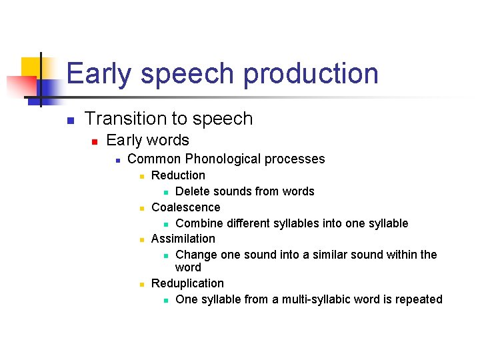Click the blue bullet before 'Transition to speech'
69,121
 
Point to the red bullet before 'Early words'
95,141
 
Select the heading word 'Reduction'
178,175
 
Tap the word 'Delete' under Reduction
192,191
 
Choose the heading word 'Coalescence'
185,207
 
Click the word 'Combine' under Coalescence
198,223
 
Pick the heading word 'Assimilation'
183,239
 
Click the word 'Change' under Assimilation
195,255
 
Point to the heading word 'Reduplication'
187,283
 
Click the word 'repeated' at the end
419,299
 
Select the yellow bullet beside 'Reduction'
141,177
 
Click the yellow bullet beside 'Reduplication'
141,285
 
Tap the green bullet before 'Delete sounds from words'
165,193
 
